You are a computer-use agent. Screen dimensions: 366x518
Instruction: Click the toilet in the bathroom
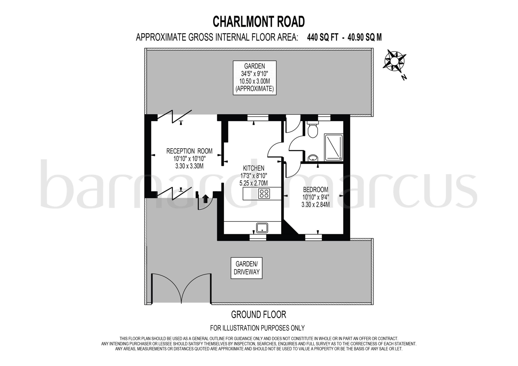coord(313,130)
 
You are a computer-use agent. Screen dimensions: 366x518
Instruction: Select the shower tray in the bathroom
coord(334,147)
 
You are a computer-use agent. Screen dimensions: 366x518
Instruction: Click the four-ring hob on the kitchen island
coord(264,194)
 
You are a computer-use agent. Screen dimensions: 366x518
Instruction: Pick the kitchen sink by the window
coord(262,228)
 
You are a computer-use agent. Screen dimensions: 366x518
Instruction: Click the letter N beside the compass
coord(404,77)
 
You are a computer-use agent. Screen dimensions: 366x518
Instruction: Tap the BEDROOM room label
coord(315,190)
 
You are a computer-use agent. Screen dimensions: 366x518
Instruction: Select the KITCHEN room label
coord(253,168)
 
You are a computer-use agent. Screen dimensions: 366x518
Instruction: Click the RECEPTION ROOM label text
coord(189,151)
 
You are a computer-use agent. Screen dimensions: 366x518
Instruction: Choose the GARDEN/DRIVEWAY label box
coord(246,268)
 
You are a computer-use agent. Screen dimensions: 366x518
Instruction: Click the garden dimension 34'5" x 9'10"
coord(254,74)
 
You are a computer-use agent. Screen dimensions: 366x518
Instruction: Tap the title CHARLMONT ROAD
coord(258,22)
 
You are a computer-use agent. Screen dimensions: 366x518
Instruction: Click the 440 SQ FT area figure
coord(322,38)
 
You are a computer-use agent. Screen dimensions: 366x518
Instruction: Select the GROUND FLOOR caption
coord(258,315)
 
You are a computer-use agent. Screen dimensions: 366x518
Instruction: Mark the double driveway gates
coord(181,289)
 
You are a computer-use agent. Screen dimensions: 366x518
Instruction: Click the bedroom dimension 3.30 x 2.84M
coord(315,205)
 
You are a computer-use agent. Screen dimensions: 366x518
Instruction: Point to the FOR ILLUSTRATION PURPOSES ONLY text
coord(257,328)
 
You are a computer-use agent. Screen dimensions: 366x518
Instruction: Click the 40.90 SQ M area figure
coord(364,38)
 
